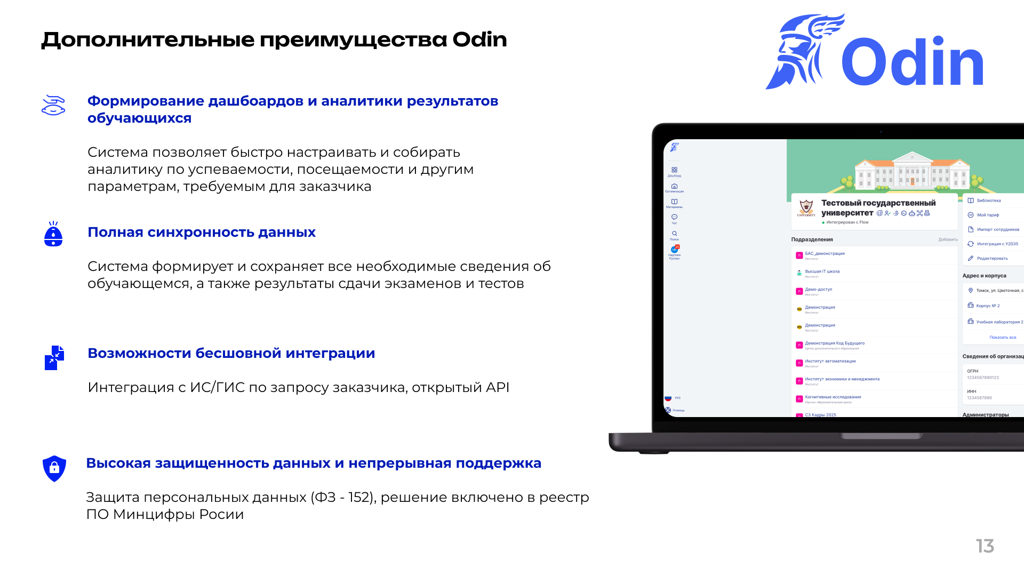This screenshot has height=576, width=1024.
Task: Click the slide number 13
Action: coord(985,546)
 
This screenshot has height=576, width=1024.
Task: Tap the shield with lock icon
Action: coord(54,468)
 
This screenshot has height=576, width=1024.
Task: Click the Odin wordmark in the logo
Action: coord(913,62)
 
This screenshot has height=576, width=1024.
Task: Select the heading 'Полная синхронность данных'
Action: coord(202,233)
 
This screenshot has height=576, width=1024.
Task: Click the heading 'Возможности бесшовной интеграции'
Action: coord(231,354)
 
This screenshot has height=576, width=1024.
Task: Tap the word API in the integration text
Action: coord(497,388)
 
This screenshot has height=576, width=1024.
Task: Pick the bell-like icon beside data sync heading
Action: coord(53,234)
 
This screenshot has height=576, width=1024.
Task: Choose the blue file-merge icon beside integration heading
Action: coord(54,358)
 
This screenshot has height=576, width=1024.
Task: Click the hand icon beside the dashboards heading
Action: coord(53,106)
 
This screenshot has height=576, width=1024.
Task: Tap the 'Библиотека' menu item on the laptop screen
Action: coord(989,201)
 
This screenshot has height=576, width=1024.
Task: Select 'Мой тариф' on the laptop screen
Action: coord(988,215)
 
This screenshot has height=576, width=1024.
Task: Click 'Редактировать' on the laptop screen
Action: coord(992,259)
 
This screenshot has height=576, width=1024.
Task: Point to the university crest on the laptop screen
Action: coord(806,207)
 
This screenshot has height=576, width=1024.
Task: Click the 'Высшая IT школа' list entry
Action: coord(822,272)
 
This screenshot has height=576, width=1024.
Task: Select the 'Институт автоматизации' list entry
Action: coord(830,362)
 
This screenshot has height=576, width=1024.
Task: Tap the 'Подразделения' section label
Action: coord(812,240)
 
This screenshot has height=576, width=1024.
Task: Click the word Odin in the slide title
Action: coord(479,40)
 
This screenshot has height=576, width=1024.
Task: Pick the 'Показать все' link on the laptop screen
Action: coord(1003,338)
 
